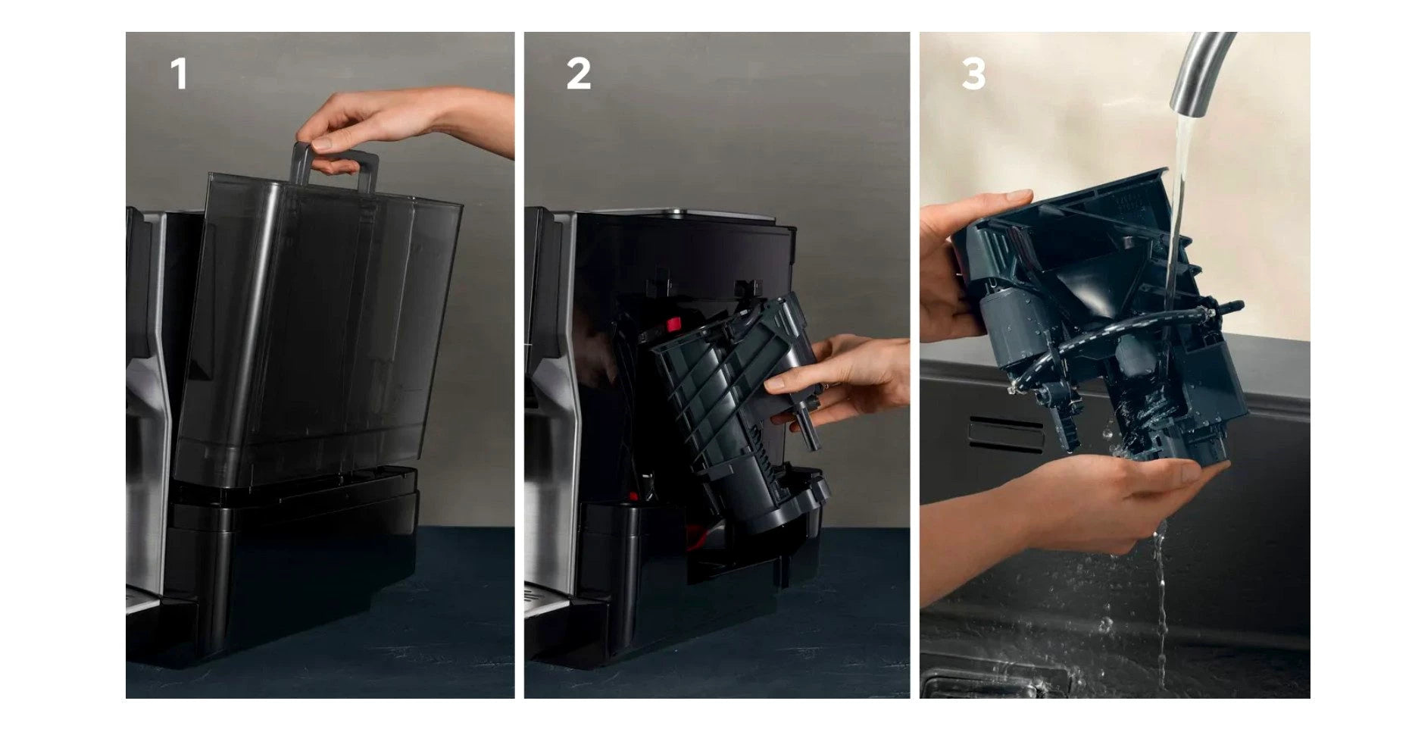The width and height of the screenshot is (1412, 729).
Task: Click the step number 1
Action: pos(179,74)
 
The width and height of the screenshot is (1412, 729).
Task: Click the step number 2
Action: pos(578,74)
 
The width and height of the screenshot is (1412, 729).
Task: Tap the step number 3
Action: pos(974,74)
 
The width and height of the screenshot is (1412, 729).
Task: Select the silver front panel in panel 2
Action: pos(549,424)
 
